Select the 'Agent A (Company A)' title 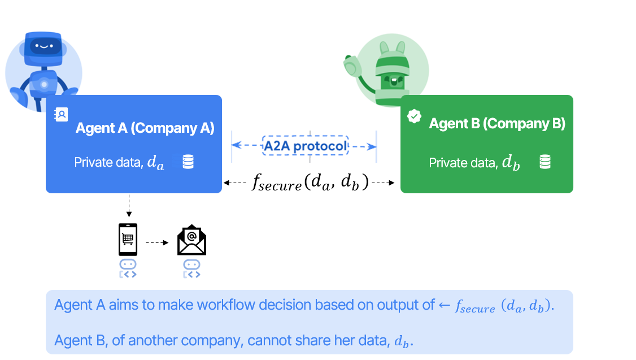point(145,128)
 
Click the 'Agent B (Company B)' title point(497,123)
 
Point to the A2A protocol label point(305,146)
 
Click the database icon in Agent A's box point(188,162)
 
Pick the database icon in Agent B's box point(544,162)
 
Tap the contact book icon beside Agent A point(61,115)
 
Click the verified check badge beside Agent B point(415,116)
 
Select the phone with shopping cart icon point(128,240)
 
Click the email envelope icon point(192,240)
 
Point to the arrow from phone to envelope point(158,243)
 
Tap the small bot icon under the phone point(128,268)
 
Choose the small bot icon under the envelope point(192,268)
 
